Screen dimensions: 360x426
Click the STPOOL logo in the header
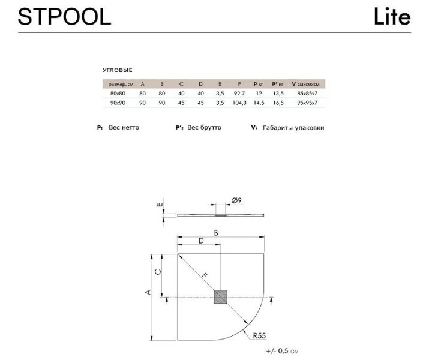point(64,17)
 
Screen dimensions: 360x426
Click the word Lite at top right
point(392,16)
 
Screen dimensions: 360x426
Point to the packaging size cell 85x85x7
point(307,94)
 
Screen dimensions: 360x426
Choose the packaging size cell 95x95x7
point(307,103)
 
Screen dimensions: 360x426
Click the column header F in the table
point(239,84)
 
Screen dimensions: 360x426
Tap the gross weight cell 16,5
point(278,103)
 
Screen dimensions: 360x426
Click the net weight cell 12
point(259,94)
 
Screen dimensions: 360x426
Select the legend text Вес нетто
point(124,128)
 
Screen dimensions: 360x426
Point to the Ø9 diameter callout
point(236,200)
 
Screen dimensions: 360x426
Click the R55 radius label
point(259,335)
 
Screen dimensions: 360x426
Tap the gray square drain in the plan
point(221,296)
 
